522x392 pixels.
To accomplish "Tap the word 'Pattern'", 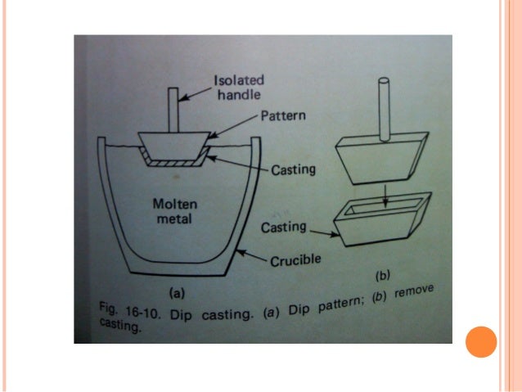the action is coord(284,115).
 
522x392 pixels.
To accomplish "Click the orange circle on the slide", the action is coord(481,342).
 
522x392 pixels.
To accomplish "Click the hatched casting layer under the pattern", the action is coord(174,164).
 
